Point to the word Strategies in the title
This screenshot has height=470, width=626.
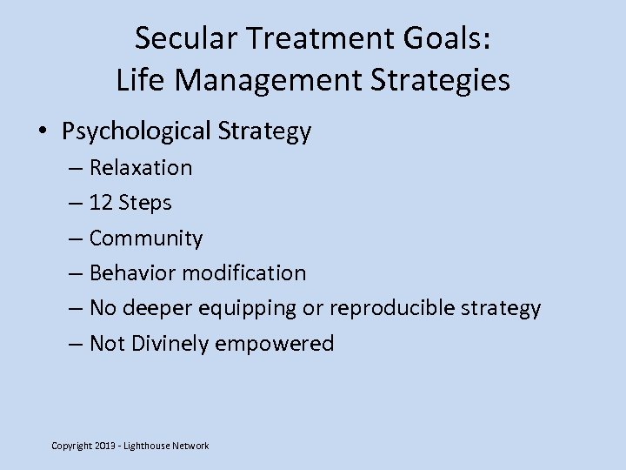click(434, 80)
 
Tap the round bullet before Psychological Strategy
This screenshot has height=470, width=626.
click(43, 131)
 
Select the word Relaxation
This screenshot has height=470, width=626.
click(141, 167)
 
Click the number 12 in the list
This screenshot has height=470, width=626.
click(101, 203)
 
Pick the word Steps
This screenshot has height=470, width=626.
click(145, 203)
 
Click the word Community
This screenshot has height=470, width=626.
click(146, 238)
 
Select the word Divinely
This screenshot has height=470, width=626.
click(170, 344)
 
